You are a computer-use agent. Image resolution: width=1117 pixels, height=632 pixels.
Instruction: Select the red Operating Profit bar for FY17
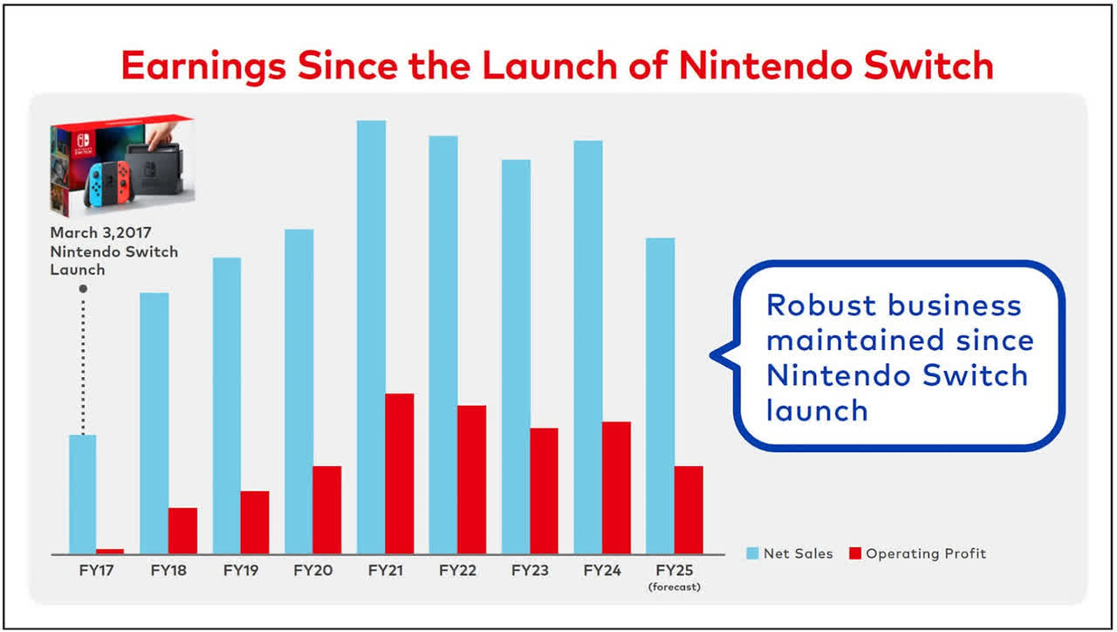point(110,551)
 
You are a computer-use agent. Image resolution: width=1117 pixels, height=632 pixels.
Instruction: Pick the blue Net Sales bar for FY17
point(82,494)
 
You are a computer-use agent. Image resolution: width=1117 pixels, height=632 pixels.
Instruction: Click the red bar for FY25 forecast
point(688,510)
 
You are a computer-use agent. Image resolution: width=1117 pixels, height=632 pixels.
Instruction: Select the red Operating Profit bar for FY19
point(255,522)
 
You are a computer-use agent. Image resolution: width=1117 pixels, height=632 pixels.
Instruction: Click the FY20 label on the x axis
point(312,571)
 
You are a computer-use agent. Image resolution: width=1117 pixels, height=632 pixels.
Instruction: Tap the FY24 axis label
point(602,571)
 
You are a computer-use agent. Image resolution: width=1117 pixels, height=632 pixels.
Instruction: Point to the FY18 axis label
point(168,571)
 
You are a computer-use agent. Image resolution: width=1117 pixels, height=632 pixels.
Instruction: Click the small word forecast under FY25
point(674,587)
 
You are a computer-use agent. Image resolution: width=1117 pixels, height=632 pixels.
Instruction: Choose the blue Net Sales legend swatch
point(752,553)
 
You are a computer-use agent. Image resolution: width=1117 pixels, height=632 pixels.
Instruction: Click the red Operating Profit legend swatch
point(855,553)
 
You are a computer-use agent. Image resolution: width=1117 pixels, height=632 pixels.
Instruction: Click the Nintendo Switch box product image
point(122,166)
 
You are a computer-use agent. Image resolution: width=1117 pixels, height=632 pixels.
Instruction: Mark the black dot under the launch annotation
point(82,289)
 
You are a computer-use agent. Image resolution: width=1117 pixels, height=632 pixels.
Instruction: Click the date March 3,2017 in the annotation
point(100,233)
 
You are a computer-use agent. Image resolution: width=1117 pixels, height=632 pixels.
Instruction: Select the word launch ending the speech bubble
point(817,410)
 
